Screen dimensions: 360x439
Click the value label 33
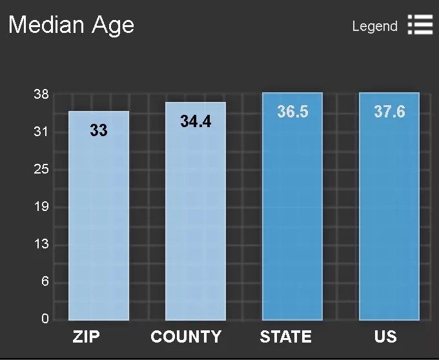(x=99, y=130)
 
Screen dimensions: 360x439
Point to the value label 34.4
(x=196, y=121)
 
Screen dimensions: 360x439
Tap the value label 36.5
(x=292, y=112)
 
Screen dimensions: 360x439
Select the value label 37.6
(x=389, y=112)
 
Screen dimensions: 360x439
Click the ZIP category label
(x=86, y=337)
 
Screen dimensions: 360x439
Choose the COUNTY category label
(x=186, y=337)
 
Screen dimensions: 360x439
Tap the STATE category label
(x=285, y=337)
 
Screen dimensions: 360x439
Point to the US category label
(x=385, y=337)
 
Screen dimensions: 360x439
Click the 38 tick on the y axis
(x=41, y=95)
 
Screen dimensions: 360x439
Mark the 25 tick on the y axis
(x=41, y=170)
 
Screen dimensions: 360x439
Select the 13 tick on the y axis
(x=41, y=245)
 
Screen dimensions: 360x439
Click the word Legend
(x=374, y=26)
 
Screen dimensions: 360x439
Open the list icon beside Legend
(x=420, y=25)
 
